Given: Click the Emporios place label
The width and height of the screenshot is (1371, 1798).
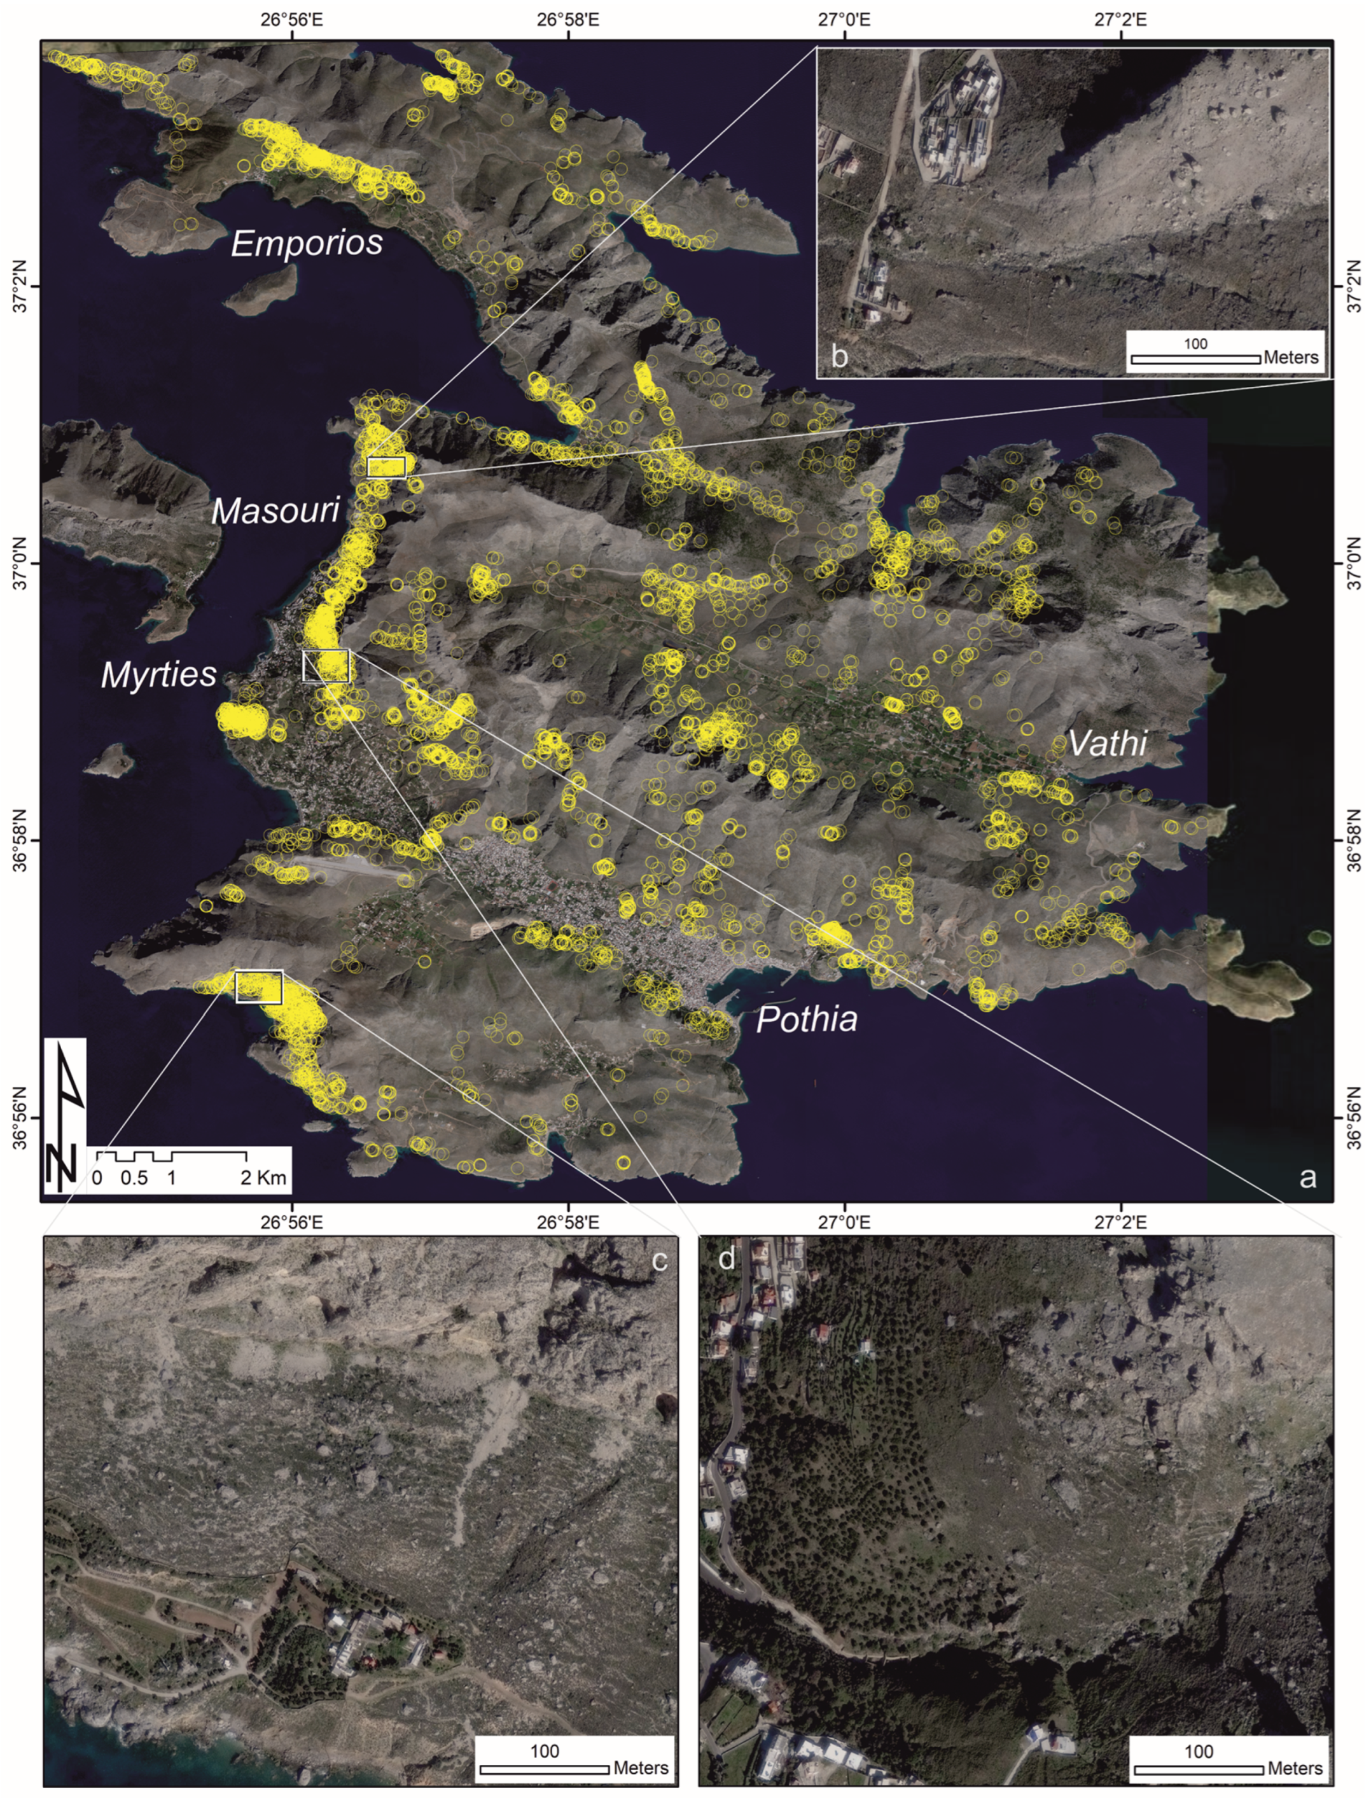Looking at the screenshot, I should (x=307, y=242).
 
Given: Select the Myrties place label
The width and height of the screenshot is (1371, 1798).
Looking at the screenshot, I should (x=159, y=674).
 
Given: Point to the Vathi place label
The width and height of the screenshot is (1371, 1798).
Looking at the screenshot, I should (x=1108, y=742).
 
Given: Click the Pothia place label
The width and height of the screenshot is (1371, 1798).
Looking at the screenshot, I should (x=806, y=1019).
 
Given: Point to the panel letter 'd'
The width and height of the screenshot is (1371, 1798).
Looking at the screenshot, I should (x=725, y=1259).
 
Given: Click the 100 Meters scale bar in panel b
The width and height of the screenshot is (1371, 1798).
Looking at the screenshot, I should (x=1195, y=358).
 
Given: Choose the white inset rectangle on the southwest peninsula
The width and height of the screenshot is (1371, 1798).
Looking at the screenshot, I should (x=259, y=987).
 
